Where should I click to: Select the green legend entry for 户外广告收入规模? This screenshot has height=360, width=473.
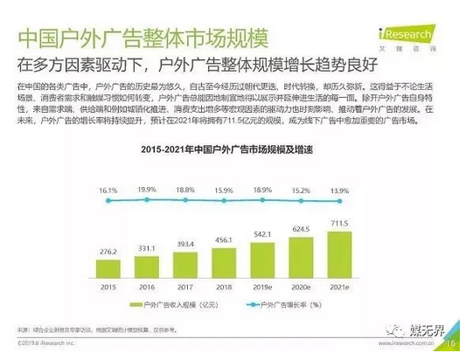coord(171,304)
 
